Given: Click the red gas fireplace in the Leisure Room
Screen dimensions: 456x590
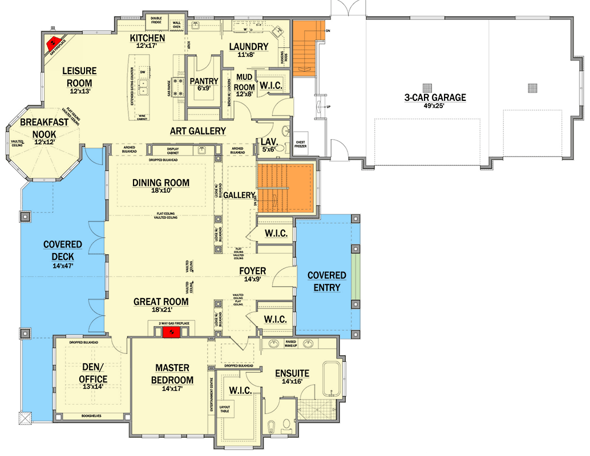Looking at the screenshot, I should point(54,42).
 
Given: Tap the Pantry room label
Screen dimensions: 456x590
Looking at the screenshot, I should point(200,81).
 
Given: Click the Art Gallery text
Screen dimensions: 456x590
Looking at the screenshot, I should point(198,131).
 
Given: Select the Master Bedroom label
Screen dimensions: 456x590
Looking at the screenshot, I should point(172,374).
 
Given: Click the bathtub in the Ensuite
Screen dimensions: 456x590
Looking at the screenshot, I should point(332,378).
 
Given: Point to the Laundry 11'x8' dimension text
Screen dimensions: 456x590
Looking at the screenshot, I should point(248,56).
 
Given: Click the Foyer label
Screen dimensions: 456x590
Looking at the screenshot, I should point(252,271).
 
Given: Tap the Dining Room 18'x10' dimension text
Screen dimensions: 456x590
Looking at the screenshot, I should point(160,192).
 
